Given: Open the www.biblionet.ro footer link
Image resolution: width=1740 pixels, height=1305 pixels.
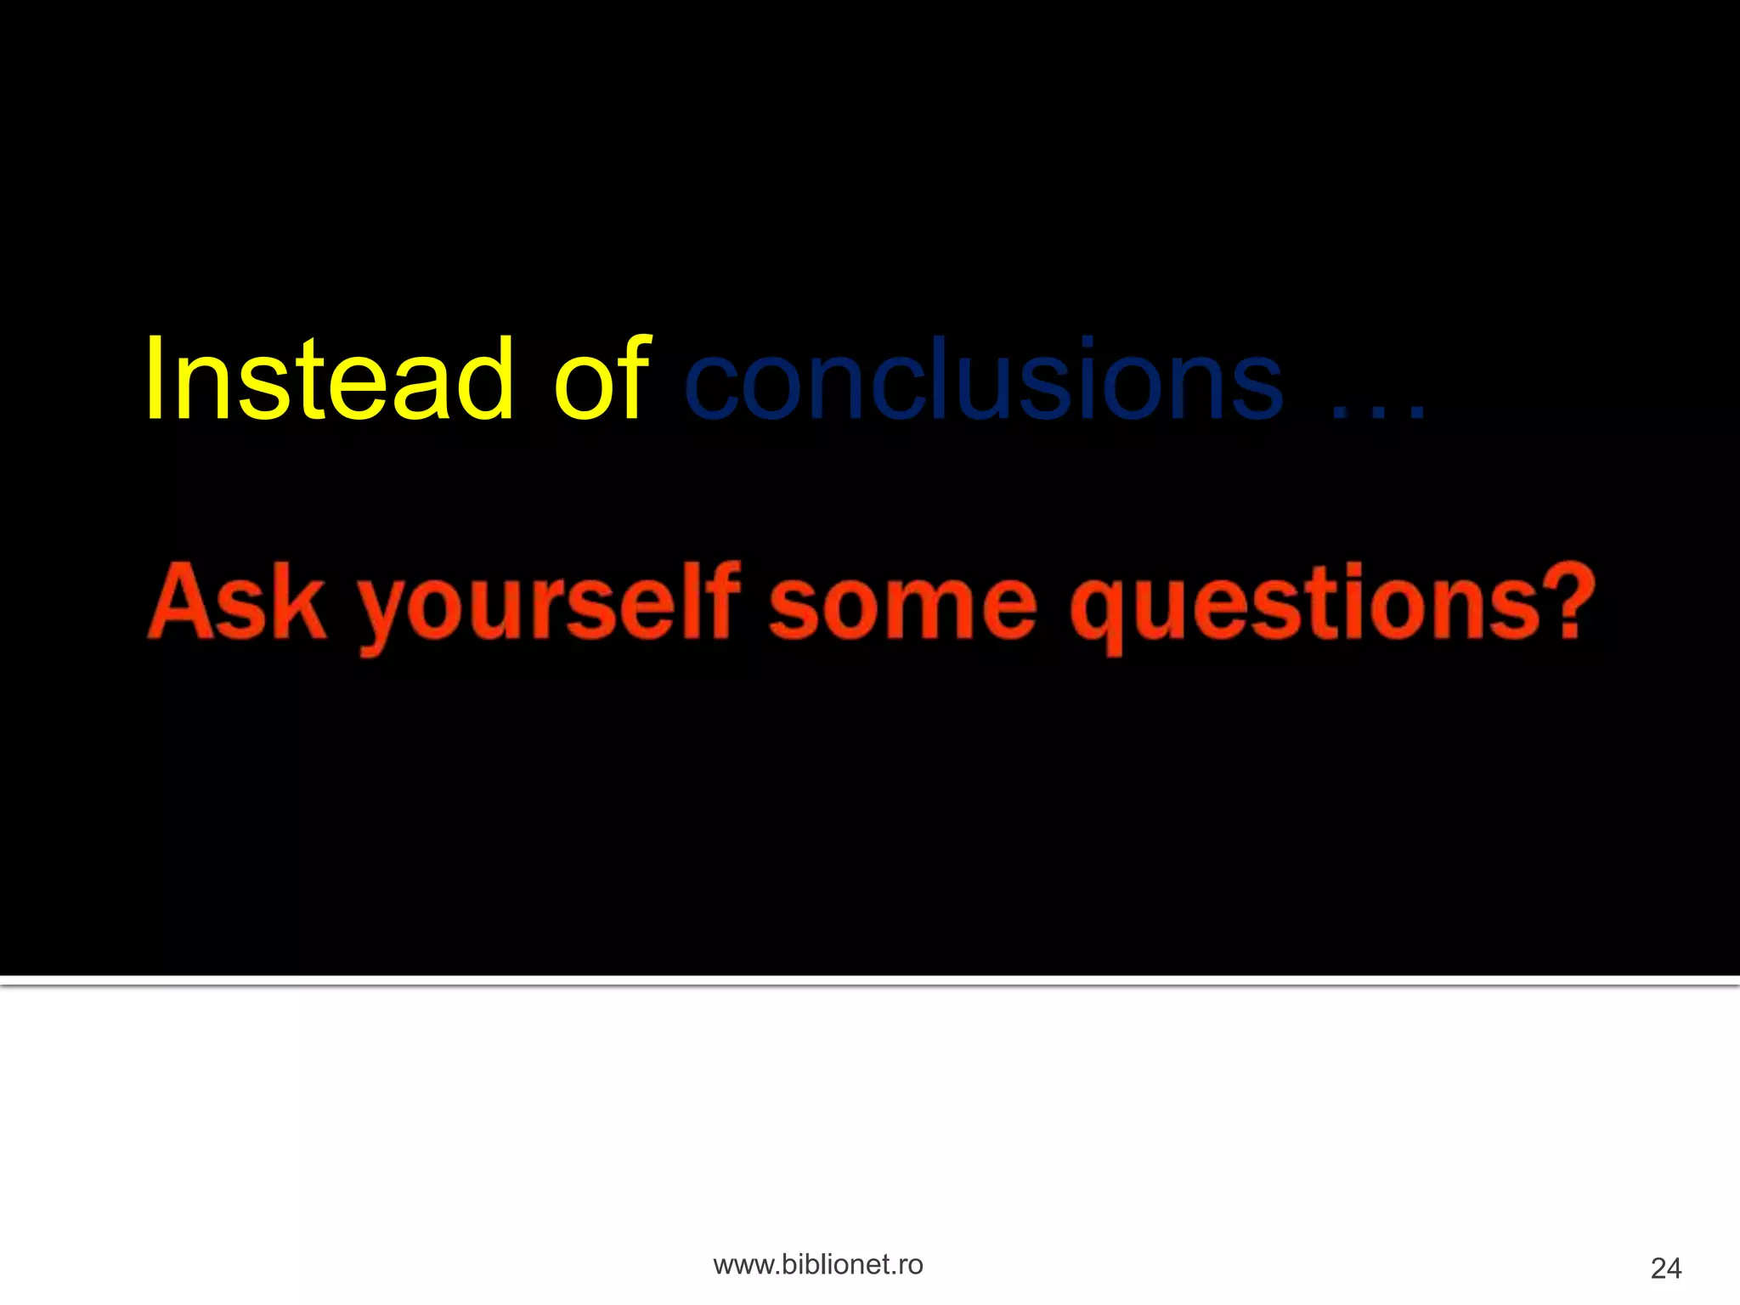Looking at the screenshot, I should (x=817, y=1265).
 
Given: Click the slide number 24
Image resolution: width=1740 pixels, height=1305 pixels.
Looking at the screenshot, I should (x=1665, y=1268).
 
